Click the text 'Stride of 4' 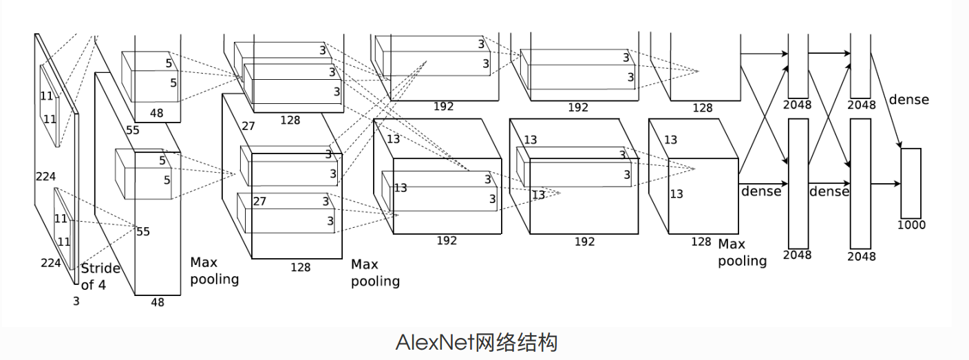100,276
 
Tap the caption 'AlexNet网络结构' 476,342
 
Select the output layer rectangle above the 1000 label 911,183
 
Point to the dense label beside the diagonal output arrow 908,100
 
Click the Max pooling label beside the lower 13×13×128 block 742,253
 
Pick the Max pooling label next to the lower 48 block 214,271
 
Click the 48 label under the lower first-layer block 158,302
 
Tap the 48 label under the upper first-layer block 157,113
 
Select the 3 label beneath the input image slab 76,301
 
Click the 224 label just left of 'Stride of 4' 50,262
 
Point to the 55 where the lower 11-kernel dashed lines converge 142,231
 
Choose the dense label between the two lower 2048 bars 829,191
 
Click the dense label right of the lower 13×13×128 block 761,191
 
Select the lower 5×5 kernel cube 142,174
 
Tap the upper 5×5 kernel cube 150,76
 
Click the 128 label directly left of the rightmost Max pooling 701,242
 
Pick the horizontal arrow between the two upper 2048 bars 829,52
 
